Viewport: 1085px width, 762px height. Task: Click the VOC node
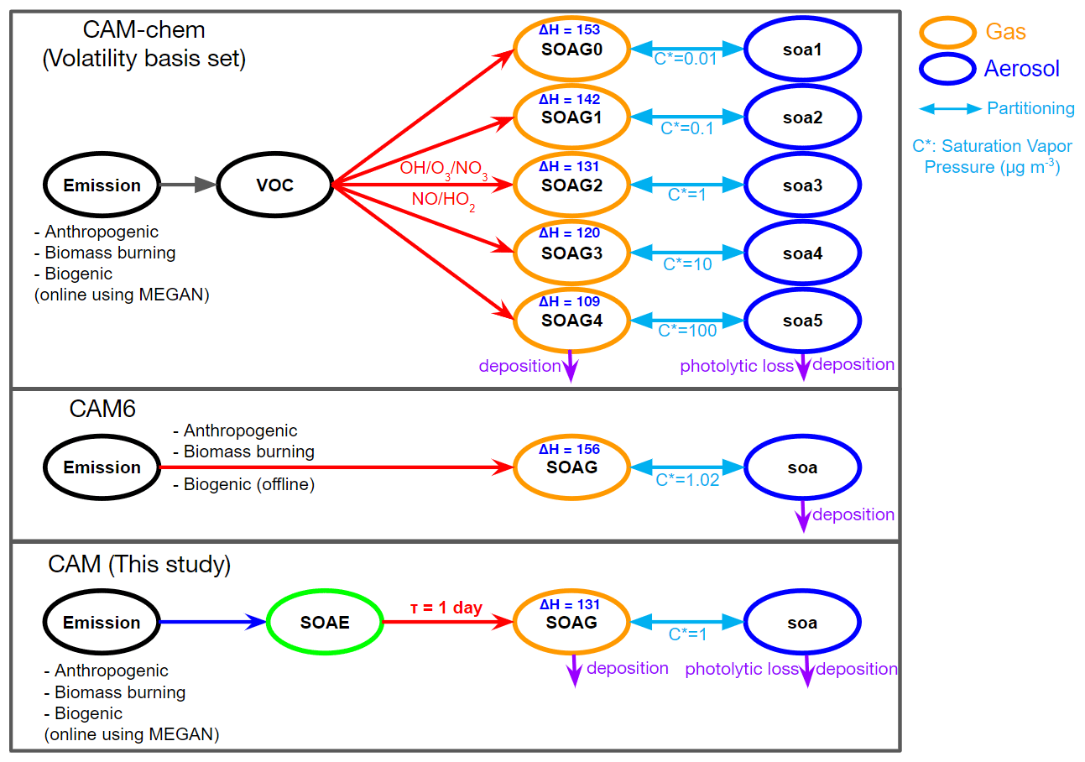pos(275,185)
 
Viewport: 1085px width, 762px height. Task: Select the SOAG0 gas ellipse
pos(571,49)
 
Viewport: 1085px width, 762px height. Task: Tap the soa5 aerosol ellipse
pos(802,321)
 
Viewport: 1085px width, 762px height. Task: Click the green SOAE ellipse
pos(325,623)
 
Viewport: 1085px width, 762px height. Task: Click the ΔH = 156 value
pos(570,450)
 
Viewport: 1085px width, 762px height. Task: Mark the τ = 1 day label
pos(446,607)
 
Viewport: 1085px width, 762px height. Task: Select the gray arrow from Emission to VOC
pos(189,185)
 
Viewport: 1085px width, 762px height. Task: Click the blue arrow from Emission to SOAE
pos(213,623)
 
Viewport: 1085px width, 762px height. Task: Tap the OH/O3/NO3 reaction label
pos(444,169)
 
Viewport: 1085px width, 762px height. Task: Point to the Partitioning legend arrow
pos(950,109)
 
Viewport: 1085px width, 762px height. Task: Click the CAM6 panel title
pos(102,410)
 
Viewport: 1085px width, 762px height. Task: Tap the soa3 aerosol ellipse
pos(802,185)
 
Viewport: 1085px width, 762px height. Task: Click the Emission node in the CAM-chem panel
pos(102,185)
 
